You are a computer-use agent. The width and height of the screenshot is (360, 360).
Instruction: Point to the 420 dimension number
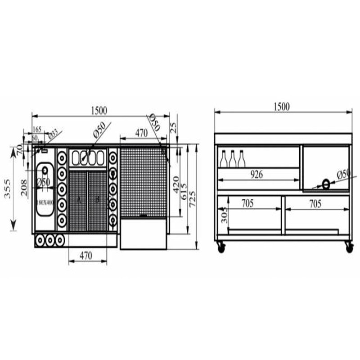176,181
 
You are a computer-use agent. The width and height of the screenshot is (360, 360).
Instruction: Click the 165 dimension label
37,130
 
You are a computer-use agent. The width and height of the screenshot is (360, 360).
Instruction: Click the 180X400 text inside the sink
45,202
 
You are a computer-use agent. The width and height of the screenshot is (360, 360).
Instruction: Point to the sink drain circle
45,171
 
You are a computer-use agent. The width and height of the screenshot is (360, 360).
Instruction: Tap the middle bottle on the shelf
233,159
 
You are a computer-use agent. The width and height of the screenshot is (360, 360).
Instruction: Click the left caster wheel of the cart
220,247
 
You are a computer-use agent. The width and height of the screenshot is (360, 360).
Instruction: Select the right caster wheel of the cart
348,247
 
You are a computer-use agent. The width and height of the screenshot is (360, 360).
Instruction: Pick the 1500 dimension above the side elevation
282,106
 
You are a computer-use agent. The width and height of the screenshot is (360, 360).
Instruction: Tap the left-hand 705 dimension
248,204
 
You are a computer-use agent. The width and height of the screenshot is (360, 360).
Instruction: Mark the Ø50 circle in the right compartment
325,183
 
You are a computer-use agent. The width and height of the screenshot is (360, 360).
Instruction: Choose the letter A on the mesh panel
79,200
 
